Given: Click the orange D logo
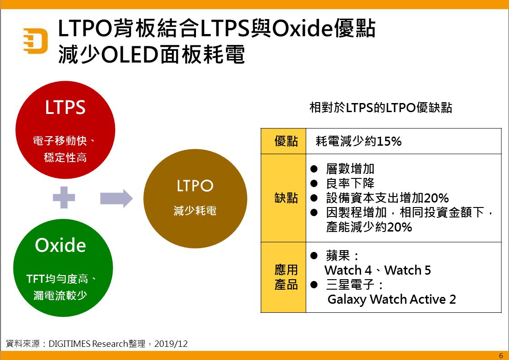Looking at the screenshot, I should click(35, 40).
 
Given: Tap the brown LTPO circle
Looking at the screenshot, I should click(195, 198).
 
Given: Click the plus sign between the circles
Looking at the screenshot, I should click(64, 197).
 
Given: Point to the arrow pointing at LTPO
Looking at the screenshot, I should click(116, 198).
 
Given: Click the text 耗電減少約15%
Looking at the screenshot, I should click(358, 141).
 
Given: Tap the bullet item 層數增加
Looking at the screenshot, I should click(350, 169).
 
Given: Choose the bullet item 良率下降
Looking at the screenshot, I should click(350, 183).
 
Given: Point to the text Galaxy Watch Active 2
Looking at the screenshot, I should click(392, 299).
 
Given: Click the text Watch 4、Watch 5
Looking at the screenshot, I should click(377, 271).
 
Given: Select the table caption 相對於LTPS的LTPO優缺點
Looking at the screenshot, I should click(381, 108).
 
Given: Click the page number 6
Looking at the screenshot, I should click(501, 355).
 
